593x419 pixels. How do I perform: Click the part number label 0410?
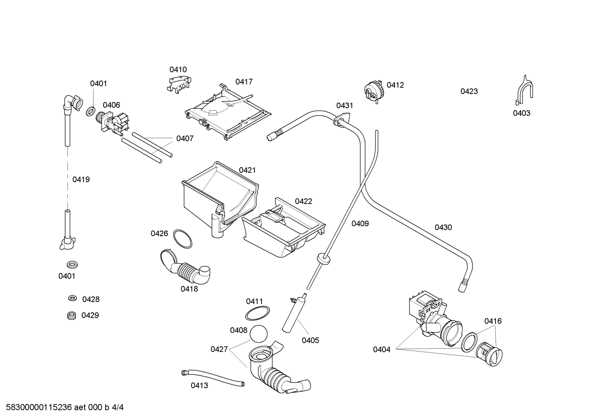click(178, 69)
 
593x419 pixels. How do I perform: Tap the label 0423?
click(469, 91)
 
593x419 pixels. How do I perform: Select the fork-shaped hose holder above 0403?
click(524, 90)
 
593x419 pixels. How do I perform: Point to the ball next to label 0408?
click(258, 334)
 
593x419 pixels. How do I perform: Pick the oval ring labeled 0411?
click(257, 313)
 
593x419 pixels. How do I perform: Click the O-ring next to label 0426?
click(183, 239)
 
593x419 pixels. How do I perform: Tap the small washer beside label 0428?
click(72, 298)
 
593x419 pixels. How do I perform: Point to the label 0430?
click(443, 227)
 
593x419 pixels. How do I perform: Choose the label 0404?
click(382, 350)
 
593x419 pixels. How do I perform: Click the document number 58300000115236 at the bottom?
click(39, 407)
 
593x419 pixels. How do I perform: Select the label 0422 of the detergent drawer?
click(303, 201)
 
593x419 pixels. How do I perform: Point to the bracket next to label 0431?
click(342, 119)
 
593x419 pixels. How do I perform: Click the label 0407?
click(185, 139)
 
